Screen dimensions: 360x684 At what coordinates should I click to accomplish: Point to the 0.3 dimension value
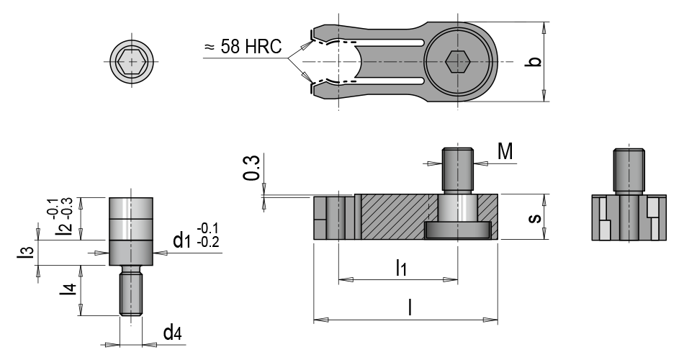coord(251,167)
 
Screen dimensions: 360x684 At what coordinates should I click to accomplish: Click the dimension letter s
coord(533,217)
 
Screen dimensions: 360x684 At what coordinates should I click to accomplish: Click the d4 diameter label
coord(171,332)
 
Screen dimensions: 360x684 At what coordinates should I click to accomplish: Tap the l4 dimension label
coord(69,289)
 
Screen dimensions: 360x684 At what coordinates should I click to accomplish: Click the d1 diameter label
coord(182,238)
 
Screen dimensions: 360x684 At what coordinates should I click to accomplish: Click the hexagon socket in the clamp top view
coord(459,62)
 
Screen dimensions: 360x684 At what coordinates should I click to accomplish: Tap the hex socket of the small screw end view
coord(131,62)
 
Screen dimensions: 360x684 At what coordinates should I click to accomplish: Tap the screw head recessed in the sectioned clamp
coord(458,230)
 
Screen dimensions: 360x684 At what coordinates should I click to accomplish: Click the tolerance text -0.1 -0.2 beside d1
coord(207,235)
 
